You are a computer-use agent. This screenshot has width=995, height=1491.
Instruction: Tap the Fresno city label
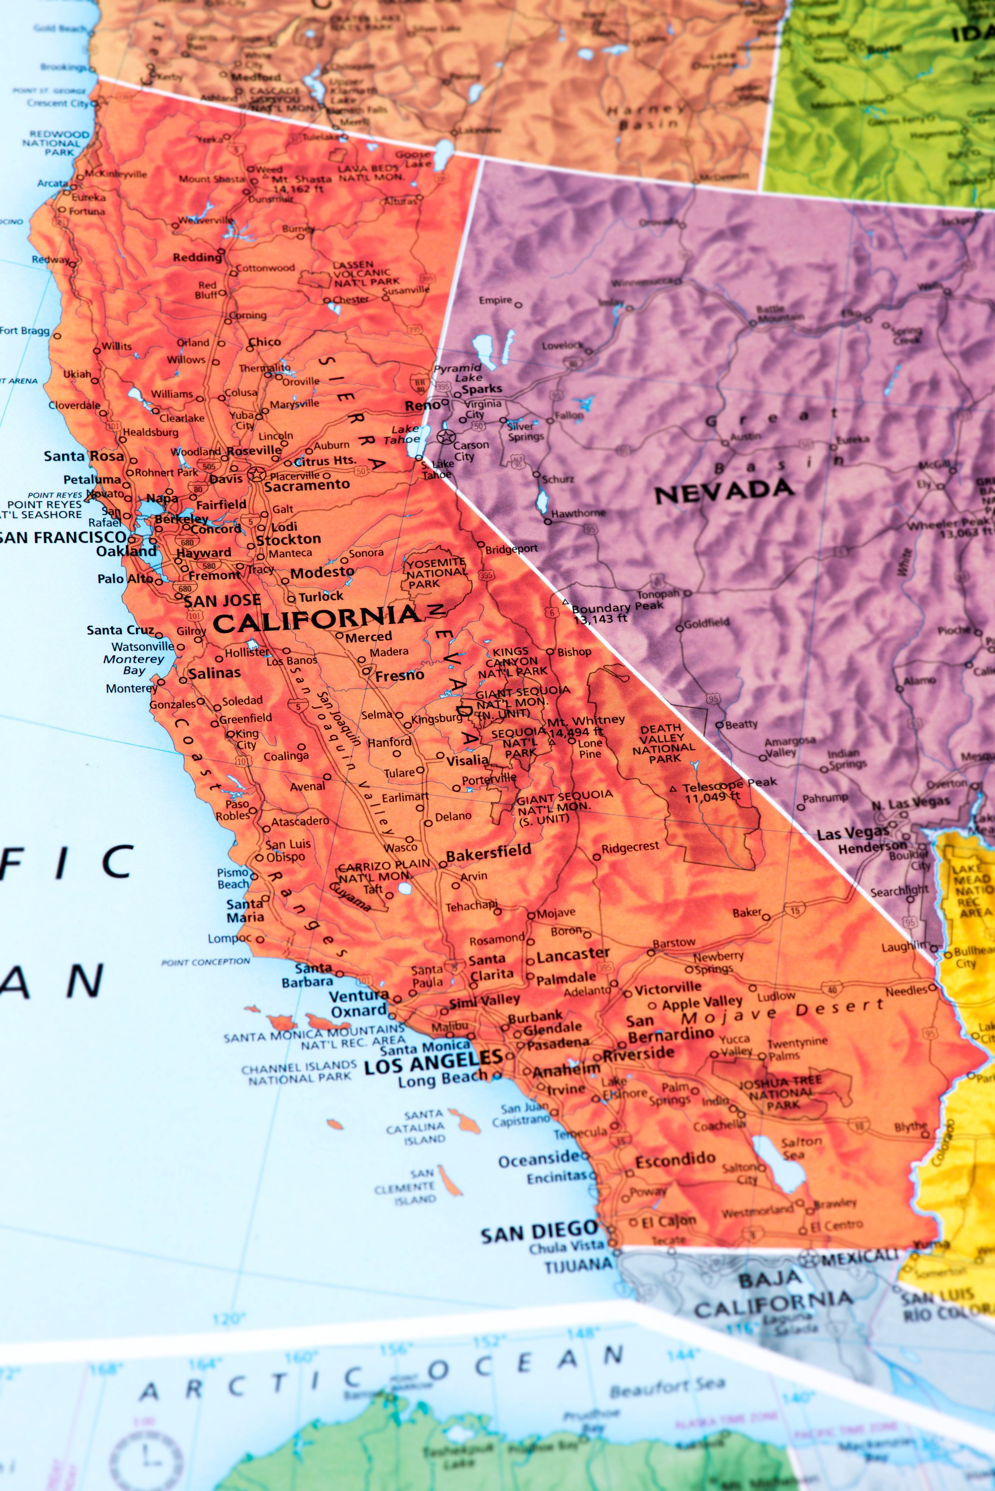coord(399,676)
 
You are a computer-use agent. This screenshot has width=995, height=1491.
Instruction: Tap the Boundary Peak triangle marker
coord(565,602)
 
